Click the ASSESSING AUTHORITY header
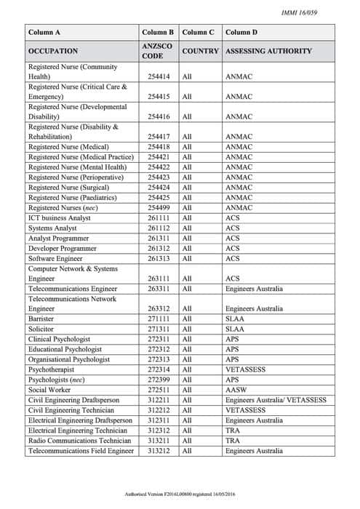pyautogui.click(x=269, y=52)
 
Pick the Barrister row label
pyautogui.click(x=42, y=318)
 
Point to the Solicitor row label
pyautogui.click(x=42, y=329)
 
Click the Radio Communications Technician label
pyautogui.click(x=80, y=441)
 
